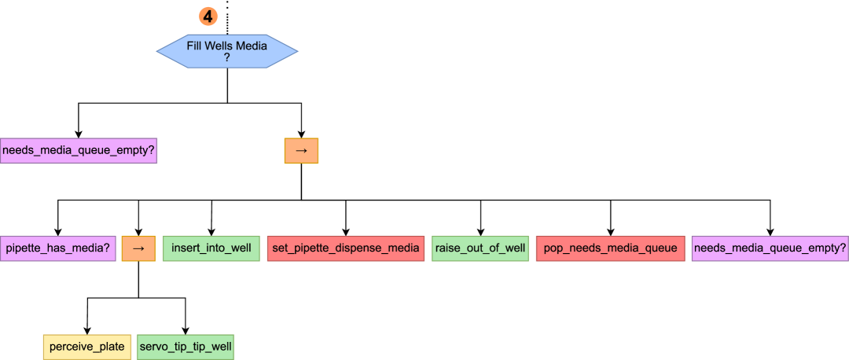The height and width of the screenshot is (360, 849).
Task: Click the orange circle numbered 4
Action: click(208, 16)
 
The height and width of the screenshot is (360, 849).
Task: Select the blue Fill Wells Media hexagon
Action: click(227, 51)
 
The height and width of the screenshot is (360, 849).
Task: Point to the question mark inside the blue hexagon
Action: click(227, 57)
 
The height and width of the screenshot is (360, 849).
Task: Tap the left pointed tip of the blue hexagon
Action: click(158, 51)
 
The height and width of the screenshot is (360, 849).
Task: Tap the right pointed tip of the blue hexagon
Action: click(297, 51)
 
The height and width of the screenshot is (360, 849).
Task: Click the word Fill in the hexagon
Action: click(195, 46)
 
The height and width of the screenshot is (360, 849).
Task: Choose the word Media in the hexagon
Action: click(252, 46)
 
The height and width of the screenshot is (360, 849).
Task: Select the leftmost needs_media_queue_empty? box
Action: click(79, 150)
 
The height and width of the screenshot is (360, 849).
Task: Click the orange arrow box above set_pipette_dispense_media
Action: click(301, 150)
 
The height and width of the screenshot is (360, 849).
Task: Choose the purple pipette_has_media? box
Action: click(57, 248)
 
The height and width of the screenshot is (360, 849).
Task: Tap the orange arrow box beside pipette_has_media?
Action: click(138, 248)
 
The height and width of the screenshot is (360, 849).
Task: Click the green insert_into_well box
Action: click(211, 248)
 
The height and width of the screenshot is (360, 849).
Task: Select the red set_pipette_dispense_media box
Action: click(346, 248)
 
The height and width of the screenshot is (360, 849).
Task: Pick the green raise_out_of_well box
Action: click(480, 248)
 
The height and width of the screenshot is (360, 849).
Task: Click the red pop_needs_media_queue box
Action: click(610, 248)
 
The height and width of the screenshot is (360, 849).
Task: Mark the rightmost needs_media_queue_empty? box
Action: click(770, 248)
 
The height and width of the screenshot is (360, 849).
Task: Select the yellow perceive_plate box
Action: click(86, 347)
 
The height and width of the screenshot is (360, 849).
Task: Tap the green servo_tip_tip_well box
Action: click(186, 347)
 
